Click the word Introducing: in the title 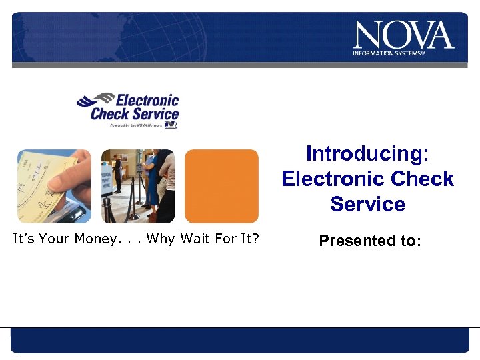(x=367, y=154)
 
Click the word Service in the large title (x=367, y=204)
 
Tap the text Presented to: (x=370, y=241)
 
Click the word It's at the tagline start (x=25, y=238)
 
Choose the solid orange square (x=221, y=186)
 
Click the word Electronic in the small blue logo (x=148, y=101)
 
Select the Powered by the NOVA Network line (x=136, y=124)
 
